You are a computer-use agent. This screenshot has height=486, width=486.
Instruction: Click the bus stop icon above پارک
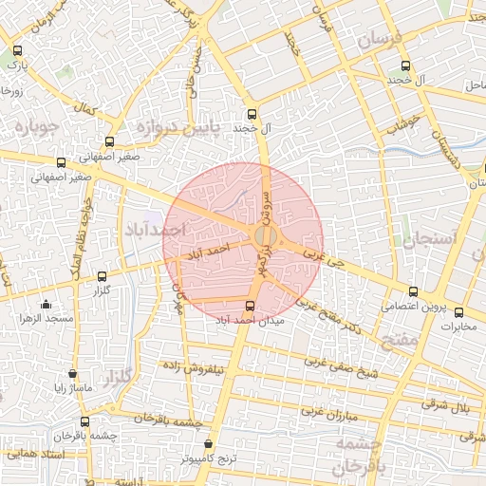17,52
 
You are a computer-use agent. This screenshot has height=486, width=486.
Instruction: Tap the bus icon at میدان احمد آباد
251,306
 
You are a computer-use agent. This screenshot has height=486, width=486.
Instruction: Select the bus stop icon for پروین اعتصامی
411,292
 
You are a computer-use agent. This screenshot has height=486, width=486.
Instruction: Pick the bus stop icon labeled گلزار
102,276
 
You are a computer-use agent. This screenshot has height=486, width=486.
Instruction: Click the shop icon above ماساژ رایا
73,373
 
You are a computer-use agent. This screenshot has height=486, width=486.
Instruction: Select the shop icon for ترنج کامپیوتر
209,443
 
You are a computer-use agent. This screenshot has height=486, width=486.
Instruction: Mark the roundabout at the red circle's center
266,235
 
